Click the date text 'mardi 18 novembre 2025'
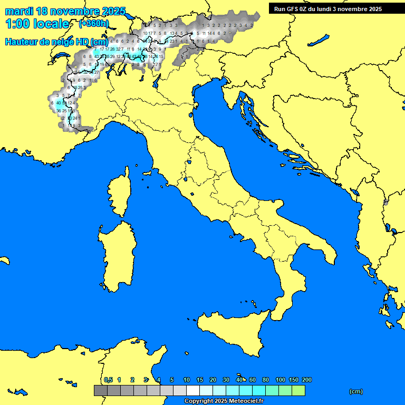[65, 11]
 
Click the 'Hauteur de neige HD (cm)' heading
[56, 42]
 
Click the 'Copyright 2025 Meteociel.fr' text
[224, 401]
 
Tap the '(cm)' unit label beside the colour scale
[356, 391]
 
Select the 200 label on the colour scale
[306, 380]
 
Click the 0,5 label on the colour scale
[108, 380]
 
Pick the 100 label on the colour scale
[281, 380]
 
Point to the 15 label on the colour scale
[200, 380]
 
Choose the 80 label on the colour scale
[266, 380]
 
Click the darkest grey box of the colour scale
[100, 391]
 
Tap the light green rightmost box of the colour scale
[298, 391]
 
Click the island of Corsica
[119, 195]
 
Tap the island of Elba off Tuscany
[146, 172]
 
